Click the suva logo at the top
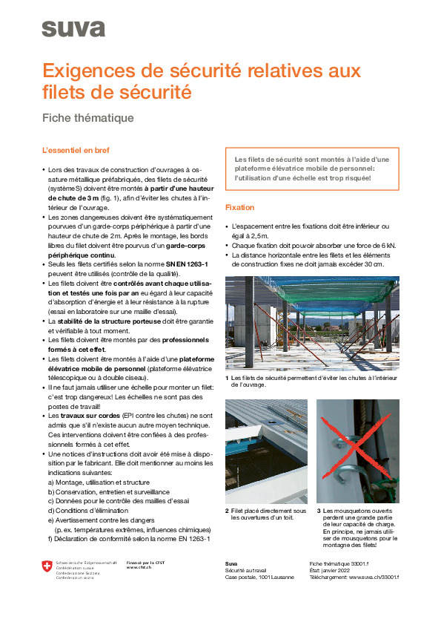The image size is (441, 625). (x=73, y=28)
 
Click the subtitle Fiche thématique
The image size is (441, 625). (x=87, y=117)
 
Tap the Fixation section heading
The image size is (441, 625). (x=239, y=207)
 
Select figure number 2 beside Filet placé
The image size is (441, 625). (x=227, y=511)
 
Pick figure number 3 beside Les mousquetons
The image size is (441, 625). (x=318, y=511)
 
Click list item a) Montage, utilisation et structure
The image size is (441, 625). (x=103, y=482)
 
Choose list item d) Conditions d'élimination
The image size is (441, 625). (x=88, y=511)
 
